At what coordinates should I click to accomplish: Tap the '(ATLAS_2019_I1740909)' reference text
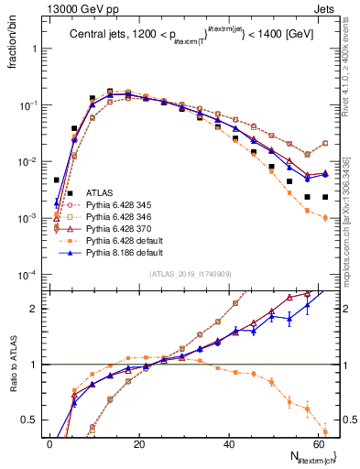click(190, 274)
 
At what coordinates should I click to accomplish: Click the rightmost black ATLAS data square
click(327, 197)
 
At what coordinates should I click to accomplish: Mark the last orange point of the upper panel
click(327, 217)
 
